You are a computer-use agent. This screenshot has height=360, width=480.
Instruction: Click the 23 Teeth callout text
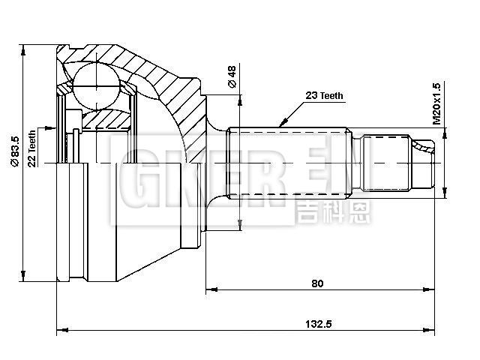tap(324, 96)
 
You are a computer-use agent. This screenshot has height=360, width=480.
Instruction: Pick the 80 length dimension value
tap(317, 283)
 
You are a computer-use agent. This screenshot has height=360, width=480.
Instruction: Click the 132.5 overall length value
tap(318, 324)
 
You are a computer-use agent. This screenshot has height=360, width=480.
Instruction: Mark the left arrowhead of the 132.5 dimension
tap(62, 329)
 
